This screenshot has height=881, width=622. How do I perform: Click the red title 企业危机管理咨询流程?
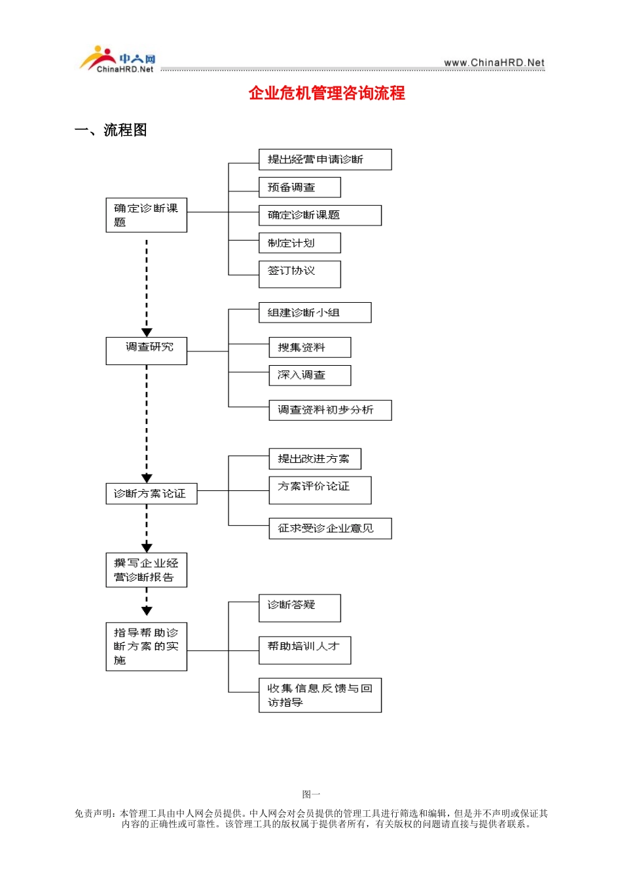(x=327, y=93)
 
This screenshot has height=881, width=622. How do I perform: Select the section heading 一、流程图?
(x=111, y=130)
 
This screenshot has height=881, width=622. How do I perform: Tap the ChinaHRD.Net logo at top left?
(x=118, y=60)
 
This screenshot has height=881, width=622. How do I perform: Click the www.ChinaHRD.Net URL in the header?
(x=494, y=63)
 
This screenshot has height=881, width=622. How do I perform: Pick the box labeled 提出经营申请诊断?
(x=325, y=159)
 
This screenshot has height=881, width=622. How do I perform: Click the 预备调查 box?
(x=299, y=187)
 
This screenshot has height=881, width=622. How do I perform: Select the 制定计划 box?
(x=299, y=243)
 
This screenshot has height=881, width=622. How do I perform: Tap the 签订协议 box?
(x=299, y=274)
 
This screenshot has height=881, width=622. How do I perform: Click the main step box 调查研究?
(x=146, y=351)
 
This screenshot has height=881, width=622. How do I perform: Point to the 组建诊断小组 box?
(x=314, y=313)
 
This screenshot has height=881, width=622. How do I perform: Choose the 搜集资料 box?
(x=310, y=347)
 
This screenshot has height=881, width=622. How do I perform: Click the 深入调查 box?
(x=310, y=376)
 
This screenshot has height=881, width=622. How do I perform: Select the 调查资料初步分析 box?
(x=330, y=410)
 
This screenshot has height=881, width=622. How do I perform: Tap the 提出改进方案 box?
(x=315, y=459)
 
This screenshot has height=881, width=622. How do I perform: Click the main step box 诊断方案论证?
(x=151, y=494)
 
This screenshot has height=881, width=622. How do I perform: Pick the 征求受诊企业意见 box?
(x=330, y=528)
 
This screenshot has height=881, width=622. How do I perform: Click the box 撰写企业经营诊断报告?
(x=146, y=570)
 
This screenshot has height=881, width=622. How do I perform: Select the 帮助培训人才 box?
(x=304, y=650)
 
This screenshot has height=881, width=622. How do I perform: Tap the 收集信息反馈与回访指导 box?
(x=320, y=695)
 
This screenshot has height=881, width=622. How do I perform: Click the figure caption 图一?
(x=311, y=794)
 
